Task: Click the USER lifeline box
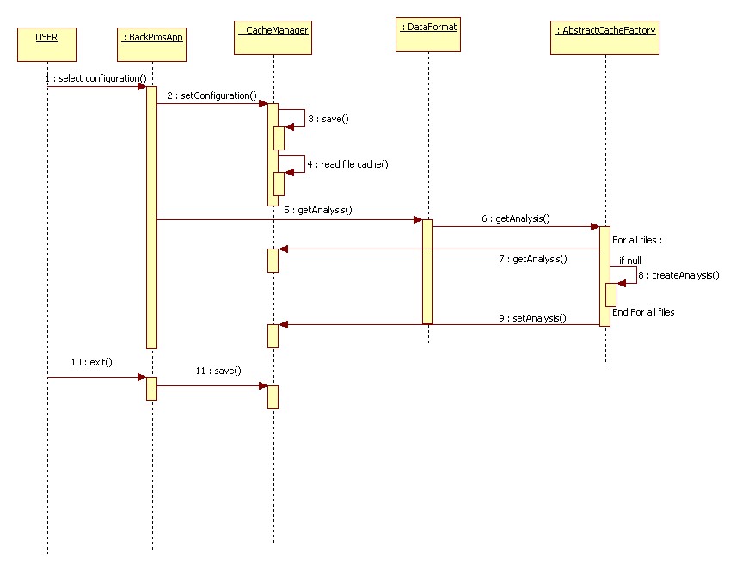pyautogui.click(x=47, y=45)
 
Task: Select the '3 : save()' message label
pyautogui.click(x=328, y=119)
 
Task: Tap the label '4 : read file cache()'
pyautogui.click(x=347, y=163)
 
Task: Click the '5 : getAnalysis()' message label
pyautogui.click(x=317, y=209)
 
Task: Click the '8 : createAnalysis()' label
pyautogui.click(x=678, y=275)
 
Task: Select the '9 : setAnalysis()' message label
pyautogui.click(x=532, y=318)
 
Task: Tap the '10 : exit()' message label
pyautogui.click(x=92, y=363)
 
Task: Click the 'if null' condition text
pyautogui.click(x=630, y=260)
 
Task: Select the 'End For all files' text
pyautogui.click(x=643, y=312)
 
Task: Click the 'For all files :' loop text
pyautogui.click(x=637, y=241)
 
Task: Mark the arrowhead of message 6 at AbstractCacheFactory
pyautogui.click(x=594, y=227)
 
